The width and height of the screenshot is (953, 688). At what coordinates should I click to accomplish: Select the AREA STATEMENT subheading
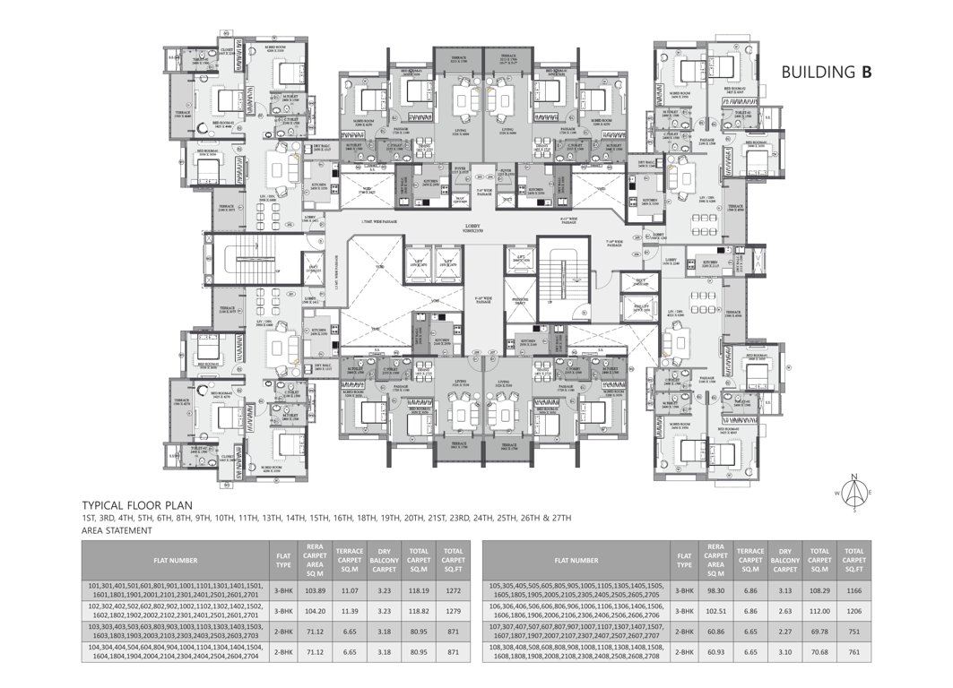[117, 530]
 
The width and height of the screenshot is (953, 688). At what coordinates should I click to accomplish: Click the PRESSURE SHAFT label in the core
[519, 301]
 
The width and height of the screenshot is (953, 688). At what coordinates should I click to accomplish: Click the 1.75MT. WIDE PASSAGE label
[379, 221]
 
